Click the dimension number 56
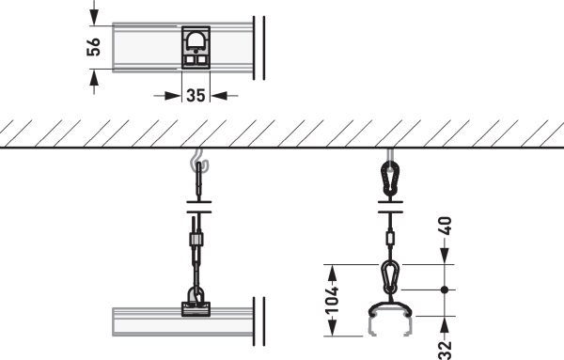(93, 47)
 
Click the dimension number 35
(196, 96)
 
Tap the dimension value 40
(446, 226)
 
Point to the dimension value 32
(446, 351)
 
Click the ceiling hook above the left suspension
(199, 161)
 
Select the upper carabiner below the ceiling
(390, 179)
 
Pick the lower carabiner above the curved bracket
(390, 277)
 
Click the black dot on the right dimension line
(445, 290)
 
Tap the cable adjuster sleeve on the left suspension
(196, 240)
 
